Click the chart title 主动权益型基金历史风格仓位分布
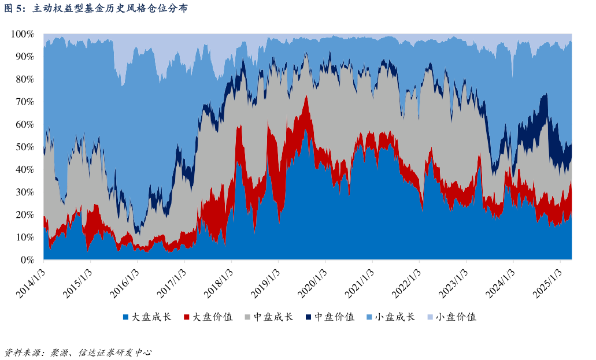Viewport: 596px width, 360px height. pyautogui.click(x=110, y=9)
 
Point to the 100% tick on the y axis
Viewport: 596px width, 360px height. pyautogui.click(x=23, y=34)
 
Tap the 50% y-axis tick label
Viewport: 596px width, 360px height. pyautogui.click(x=25, y=147)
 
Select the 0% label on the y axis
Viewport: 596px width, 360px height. pyautogui.click(x=28, y=260)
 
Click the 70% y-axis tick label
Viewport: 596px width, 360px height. pyautogui.click(x=25, y=102)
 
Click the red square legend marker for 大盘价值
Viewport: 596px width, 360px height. pyautogui.click(x=187, y=317)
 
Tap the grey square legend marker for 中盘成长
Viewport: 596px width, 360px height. pyautogui.click(x=248, y=317)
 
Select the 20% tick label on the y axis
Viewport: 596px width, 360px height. pyautogui.click(x=25, y=215)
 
